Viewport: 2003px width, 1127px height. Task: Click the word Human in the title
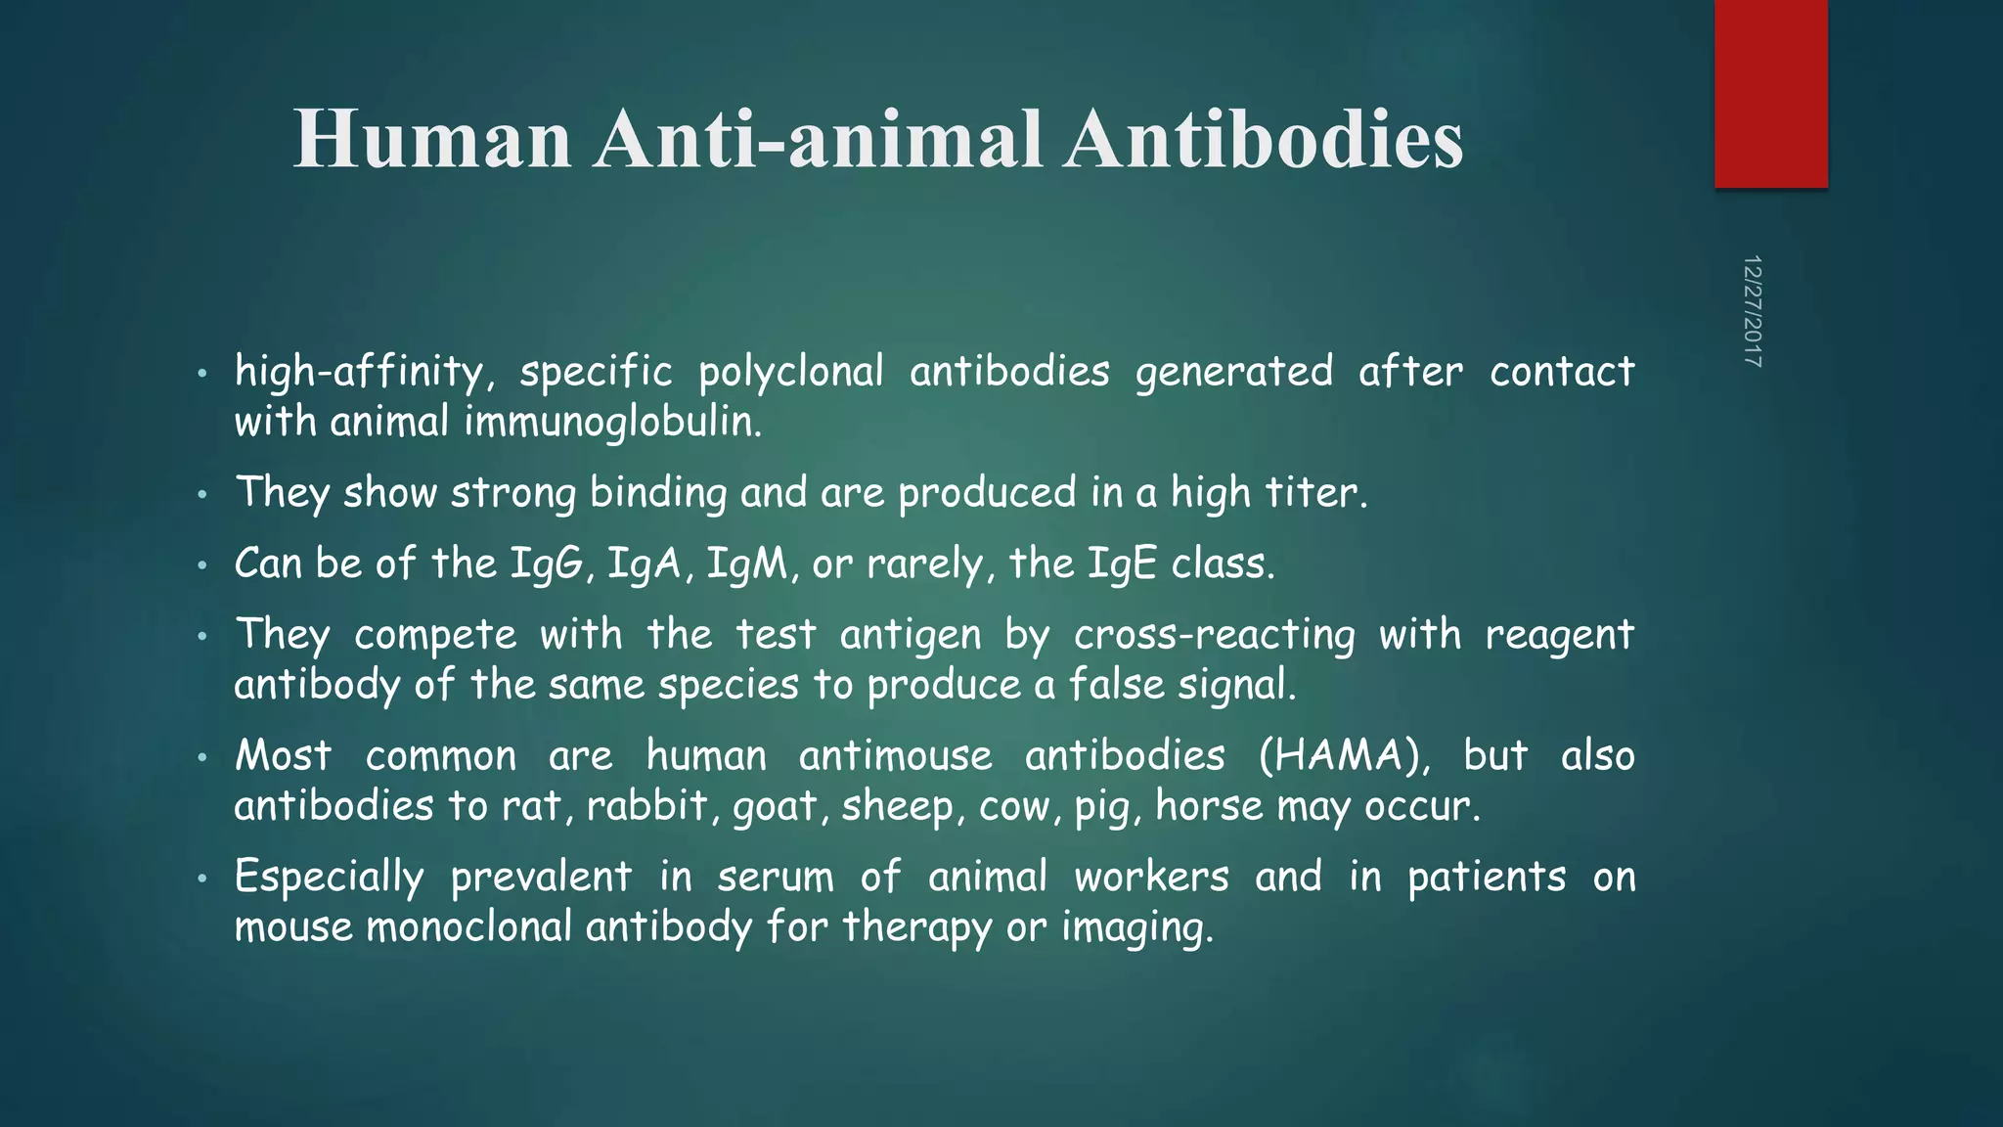click(432, 139)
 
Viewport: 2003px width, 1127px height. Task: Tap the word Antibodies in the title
click(1264, 139)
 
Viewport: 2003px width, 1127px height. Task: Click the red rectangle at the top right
click(1770, 93)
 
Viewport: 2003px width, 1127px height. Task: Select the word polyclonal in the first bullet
click(790, 373)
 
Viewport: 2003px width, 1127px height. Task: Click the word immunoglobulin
click(612, 423)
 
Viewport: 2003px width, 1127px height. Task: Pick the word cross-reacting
click(1214, 635)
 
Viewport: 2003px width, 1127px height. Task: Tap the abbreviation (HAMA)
click(1343, 756)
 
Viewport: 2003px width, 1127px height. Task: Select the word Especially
click(329, 878)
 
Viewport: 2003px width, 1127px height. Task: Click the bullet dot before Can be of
click(201, 565)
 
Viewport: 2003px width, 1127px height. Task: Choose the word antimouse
click(895, 756)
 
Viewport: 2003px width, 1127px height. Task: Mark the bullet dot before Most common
click(201, 758)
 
